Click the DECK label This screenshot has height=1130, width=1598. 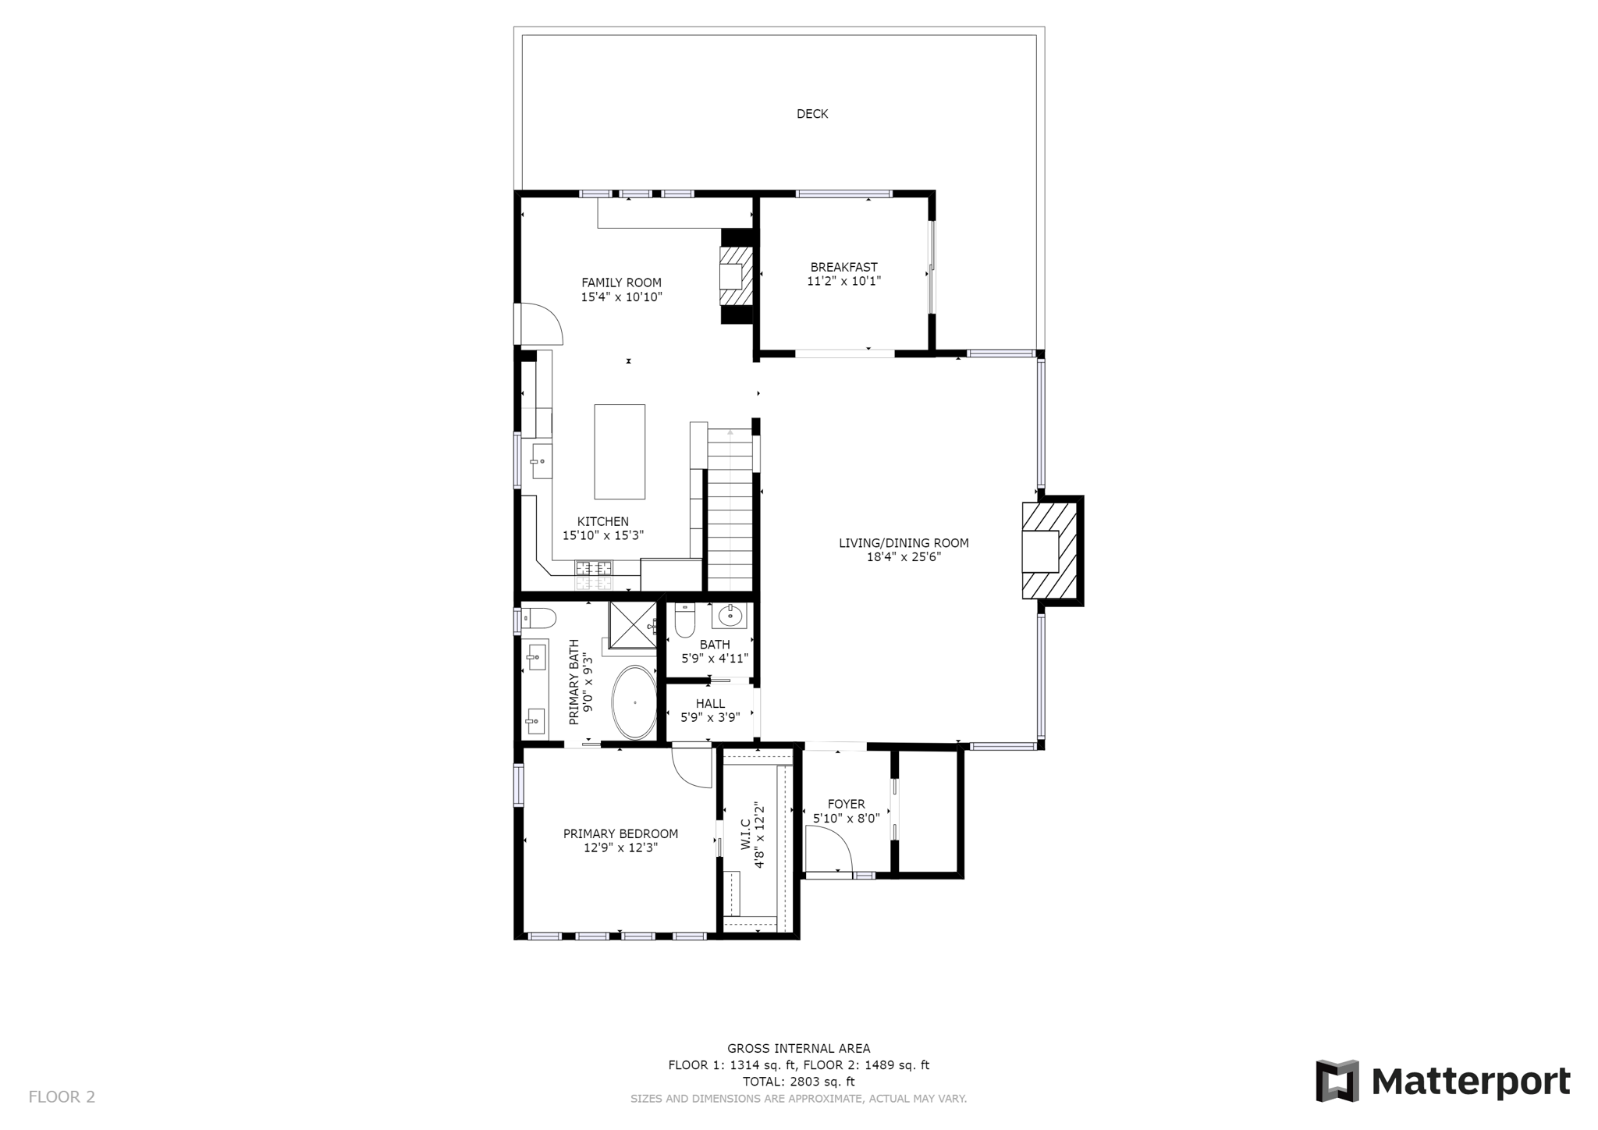pyautogui.click(x=811, y=114)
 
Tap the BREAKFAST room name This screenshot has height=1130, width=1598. pyautogui.click(x=843, y=267)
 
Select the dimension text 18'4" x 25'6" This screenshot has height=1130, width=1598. pyautogui.click(x=904, y=557)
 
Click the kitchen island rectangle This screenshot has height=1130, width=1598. pyautogui.click(x=620, y=452)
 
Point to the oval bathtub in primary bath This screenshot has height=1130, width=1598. pyautogui.click(x=634, y=702)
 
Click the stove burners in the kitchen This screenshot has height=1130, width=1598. pyautogui.click(x=594, y=575)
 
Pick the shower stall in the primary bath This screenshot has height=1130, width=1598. pyautogui.click(x=633, y=624)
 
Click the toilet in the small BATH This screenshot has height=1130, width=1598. pyautogui.click(x=685, y=620)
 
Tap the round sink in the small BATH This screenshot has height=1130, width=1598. pyautogui.click(x=730, y=616)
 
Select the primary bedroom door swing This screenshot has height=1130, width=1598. pyautogui.click(x=691, y=769)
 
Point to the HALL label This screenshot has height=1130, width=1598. pyautogui.click(x=710, y=704)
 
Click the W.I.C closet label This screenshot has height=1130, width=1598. pyautogui.click(x=744, y=835)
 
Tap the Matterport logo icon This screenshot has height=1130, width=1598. pyautogui.click(x=1337, y=1081)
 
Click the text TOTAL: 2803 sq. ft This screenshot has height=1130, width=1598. pyautogui.click(x=798, y=1082)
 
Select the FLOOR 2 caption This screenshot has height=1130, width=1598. pyautogui.click(x=62, y=1097)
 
